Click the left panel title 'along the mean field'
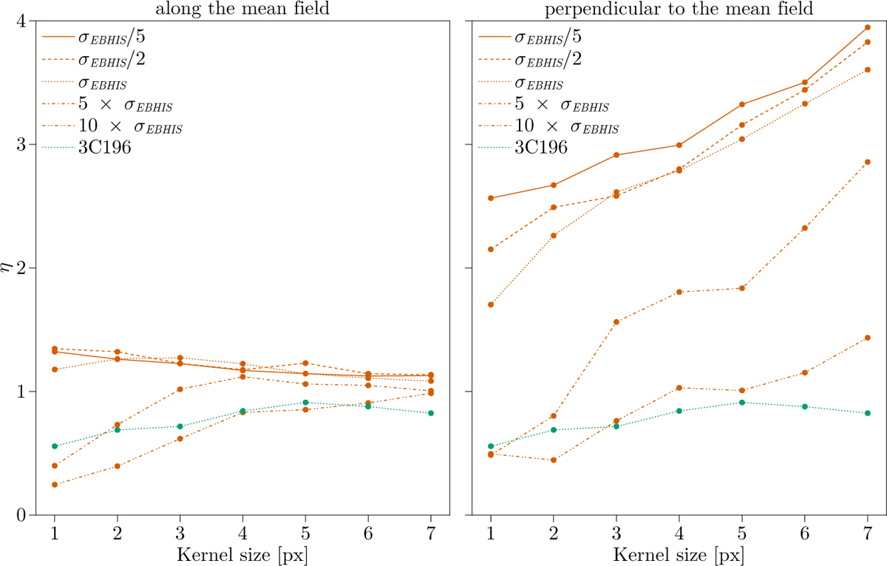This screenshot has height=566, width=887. (242, 9)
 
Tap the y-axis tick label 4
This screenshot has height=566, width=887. (21, 22)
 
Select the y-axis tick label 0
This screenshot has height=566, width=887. (21, 515)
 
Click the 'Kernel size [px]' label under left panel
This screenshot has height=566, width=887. (242, 554)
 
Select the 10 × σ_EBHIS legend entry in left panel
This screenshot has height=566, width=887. (129, 126)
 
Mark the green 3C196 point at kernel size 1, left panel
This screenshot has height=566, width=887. (55, 446)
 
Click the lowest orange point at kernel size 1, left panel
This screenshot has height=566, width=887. (55, 485)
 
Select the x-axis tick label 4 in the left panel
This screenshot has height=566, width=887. (242, 532)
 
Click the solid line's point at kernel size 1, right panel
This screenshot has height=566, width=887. (491, 198)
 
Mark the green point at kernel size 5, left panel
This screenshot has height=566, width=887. (305, 403)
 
